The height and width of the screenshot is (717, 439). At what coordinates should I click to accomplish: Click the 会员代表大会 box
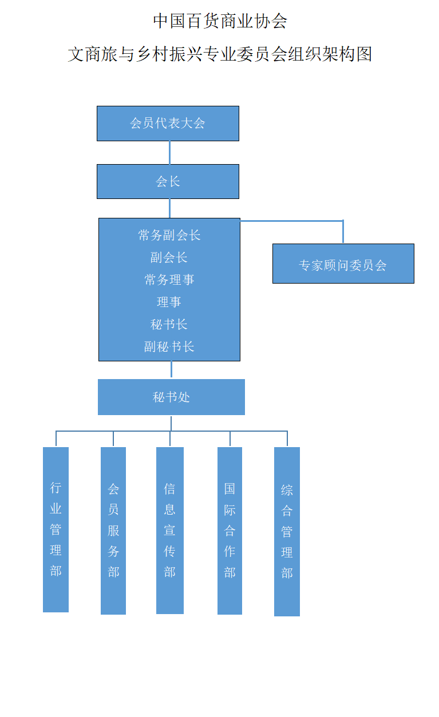[168, 124]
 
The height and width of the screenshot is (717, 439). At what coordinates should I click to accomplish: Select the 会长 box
[168, 182]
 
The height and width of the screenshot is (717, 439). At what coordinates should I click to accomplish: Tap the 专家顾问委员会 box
[343, 264]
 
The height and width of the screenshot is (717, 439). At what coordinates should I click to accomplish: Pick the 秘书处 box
[171, 397]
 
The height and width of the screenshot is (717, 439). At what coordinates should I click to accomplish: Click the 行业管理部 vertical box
[56, 529]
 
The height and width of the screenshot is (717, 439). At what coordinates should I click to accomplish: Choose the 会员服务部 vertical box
[113, 531]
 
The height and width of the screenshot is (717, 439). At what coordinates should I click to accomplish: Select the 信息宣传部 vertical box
[170, 531]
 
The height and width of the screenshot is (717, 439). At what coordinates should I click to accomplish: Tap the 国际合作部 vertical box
[230, 531]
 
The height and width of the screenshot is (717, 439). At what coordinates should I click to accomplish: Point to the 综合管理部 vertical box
[287, 532]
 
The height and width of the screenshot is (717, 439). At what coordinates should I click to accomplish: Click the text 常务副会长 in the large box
[169, 235]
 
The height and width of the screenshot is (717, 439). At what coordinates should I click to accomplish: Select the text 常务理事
[169, 280]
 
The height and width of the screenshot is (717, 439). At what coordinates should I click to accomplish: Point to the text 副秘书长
[169, 346]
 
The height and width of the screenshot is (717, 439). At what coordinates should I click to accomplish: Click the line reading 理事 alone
[169, 302]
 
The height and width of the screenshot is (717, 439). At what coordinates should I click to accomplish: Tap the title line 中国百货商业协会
[220, 21]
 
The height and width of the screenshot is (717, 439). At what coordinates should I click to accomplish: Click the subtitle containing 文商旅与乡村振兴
[220, 54]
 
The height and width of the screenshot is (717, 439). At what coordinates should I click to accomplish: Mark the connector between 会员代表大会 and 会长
[169, 153]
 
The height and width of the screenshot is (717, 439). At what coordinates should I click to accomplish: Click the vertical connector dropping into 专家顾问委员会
[343, 232]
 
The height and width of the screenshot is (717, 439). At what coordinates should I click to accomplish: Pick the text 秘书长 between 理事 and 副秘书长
[169, 324]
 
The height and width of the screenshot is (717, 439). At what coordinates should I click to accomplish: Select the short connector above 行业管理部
[56, 439]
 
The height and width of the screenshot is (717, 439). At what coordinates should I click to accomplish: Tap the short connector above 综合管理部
[287, 439]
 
